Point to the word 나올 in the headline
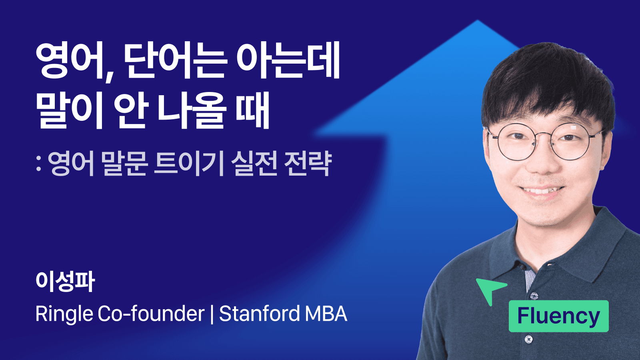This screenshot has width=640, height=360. click(x=192, y=110)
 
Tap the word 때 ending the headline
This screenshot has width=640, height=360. click(x=253, y=110)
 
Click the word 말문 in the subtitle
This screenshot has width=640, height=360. click(x=124, y=164)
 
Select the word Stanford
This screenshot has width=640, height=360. click(x=259, y=314)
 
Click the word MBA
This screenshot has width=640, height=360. click(x=326, y=314)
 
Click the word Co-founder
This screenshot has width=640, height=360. click(x=151, y=314)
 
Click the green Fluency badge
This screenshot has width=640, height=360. click(x=558, y=316)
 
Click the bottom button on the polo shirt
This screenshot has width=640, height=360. click(x=528, y=340)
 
